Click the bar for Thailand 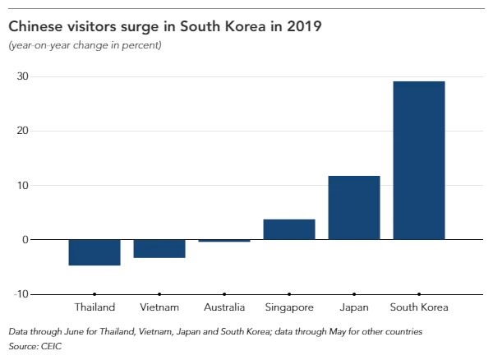[x=94, y=252]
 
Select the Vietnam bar [x=159, y=249]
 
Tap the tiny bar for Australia [x=224, y=241]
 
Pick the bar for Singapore [x=289, y=229]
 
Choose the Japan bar [x=354, y=208]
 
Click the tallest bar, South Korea [x=419, y=160]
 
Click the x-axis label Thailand [x=94, y=307]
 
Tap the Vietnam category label [x=159, y=307]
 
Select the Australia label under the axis [x=224, y=307]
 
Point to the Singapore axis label [x=290, y=307]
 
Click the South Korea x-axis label [x=419, y=307]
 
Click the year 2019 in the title [x=303, y=26]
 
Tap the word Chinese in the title [x=34, y=26]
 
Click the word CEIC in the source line [x=53, y=345]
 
